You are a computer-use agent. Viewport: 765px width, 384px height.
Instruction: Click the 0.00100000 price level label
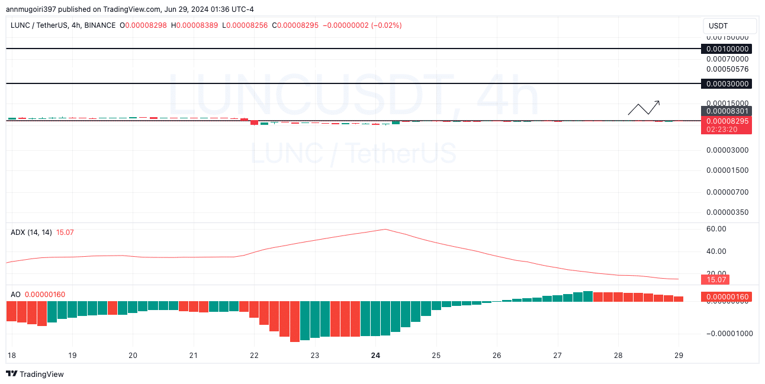pyautogui.click(x=726, y=49)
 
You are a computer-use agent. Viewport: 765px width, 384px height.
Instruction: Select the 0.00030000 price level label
pyautogui.click(x=726, y=83)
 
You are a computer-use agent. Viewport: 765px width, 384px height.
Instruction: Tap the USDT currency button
pyautogui.click(x=729, y=26)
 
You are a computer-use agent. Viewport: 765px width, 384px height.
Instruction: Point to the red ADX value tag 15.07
pyautogui.click(x=713, y=279)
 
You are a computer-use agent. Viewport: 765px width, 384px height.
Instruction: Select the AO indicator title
pyautogui.click(x=15, y=294)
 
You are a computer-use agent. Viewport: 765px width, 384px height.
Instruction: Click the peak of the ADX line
pyautogui.click(x=385, y=229)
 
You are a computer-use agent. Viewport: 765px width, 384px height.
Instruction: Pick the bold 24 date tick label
pyautogui.click(x=375, y=356)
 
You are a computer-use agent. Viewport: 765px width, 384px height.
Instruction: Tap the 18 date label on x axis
pyautogui.click(x=11, y=356)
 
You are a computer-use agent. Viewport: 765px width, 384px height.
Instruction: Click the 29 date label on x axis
pyautogui.click(x=679, y=356)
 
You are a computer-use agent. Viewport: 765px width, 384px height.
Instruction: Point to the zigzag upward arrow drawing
pyautogui.click(x=644, y=108)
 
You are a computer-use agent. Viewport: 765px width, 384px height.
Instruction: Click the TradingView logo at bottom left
pyautogui.click(x=35, y=374)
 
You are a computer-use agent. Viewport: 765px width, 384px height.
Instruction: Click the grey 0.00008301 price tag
pyautogui.click(x=726, y=111)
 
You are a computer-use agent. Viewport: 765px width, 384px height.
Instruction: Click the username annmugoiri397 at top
pyautogui.click(x=33, y=9)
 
